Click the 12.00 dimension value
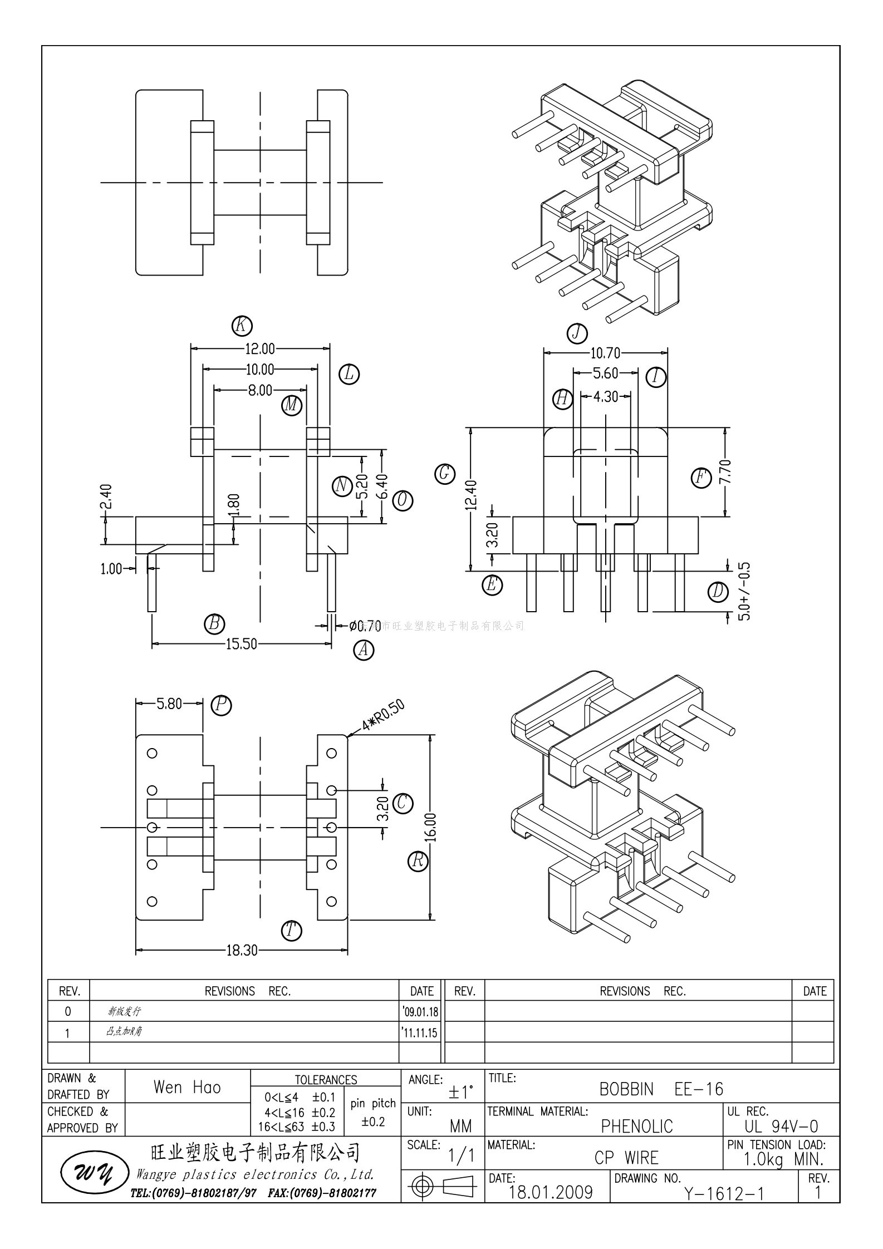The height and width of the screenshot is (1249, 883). [260, 349]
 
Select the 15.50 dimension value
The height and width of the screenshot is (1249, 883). [241, 644]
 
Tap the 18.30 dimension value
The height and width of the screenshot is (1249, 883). [242, 950]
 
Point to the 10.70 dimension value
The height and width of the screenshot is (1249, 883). [605, 353]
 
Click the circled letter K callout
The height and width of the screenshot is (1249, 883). [242, 326]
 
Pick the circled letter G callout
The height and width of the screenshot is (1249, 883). [445, 474]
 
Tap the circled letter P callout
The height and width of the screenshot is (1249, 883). [221, 705]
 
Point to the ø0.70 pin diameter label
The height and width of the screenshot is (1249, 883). [365, 626]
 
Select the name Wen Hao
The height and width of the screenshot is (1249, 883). [187, 1088]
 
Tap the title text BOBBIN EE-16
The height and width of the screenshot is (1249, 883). [661, 1089]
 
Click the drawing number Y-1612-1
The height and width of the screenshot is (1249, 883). [724, 1193]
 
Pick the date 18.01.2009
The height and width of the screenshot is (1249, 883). [551, 1192]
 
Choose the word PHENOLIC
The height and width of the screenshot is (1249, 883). [637, 1127]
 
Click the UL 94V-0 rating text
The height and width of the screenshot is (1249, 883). [781, 1127]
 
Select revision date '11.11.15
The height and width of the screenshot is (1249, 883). [420, 1033]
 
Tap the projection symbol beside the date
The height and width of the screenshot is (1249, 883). [442, 1186]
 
